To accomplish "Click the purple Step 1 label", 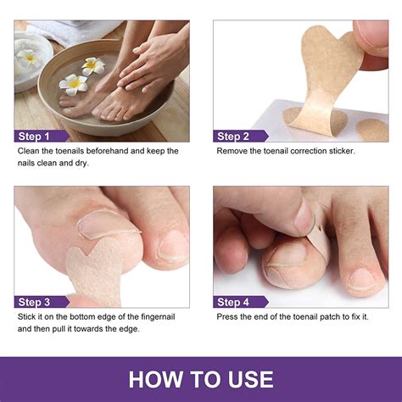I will pyautogui.click(x=36, y=136).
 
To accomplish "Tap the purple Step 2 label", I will pyautogui.click(x=234, y=136).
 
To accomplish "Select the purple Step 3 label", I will pyautogui.click(x=36, y=302).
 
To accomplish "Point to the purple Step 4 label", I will pyautogui.click(x=234, y=302).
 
